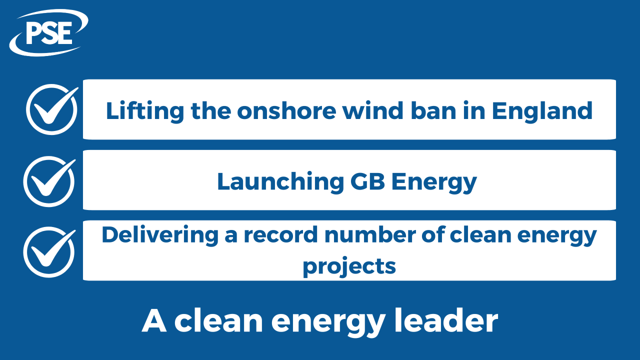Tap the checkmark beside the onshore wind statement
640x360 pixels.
tap(51, 109)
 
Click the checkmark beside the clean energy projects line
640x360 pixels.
tap(49, 251)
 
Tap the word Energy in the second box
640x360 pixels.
tap(434, 182)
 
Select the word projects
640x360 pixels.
tap(349, 266)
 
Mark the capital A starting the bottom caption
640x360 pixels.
tap(153, 321)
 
